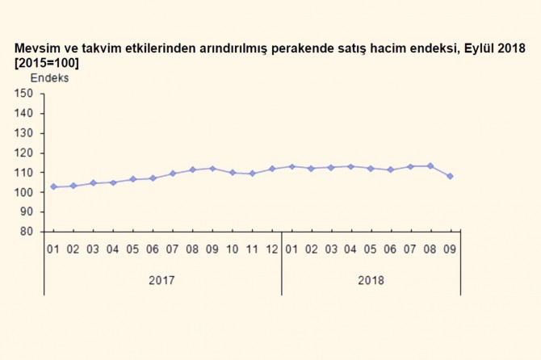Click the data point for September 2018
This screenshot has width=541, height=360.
tap(450, 176)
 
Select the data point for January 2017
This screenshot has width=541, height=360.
tap(53, 186)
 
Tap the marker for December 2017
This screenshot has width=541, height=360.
tap(272, 169)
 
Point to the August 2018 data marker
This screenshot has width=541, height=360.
tap(430, 165)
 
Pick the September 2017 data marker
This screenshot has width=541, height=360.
tap(212, 168)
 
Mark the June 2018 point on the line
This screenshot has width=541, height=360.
tap(391, 170)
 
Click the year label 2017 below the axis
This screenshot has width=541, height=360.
tap(161, 281)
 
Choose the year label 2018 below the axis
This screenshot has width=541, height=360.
tap(371, 281)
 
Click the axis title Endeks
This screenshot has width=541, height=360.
tap(49, 78)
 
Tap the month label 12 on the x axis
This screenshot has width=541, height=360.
tap(272, 249)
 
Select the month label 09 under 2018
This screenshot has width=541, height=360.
tap(450, 249)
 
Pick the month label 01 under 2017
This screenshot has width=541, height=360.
tap(53, 249)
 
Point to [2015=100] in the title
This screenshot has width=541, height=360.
tap(47, 63)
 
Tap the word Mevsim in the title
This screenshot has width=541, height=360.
tap(34, 49)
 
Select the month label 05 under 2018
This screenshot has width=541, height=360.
tap(371, 249)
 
